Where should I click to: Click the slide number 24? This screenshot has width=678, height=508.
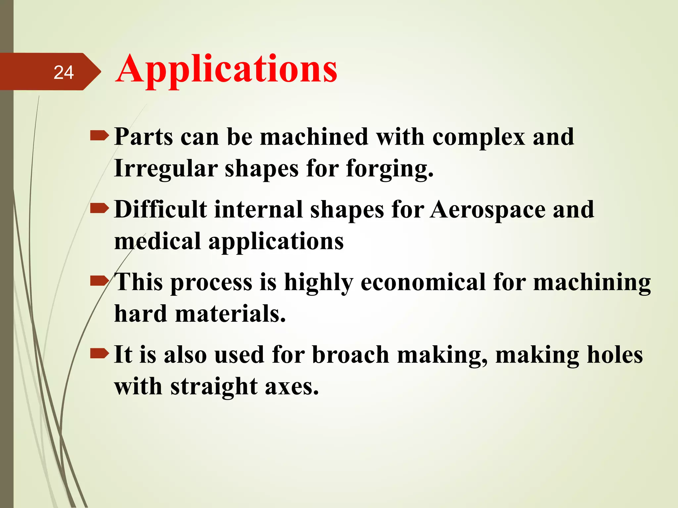64,72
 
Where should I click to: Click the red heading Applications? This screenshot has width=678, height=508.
226,69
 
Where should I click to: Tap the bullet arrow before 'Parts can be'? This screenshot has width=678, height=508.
99,136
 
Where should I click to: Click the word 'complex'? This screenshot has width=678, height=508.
479,137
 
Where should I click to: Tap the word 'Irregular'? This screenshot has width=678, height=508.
166,169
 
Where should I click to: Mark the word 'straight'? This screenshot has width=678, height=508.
214,387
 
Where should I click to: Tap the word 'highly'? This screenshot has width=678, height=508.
318,283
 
